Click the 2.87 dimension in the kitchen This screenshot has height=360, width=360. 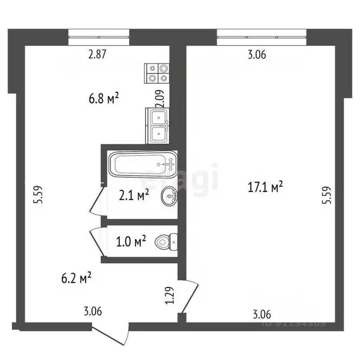98,54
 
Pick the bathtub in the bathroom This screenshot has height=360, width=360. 143,164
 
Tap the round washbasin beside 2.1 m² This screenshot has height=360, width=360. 170,196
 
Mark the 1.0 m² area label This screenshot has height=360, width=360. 131,242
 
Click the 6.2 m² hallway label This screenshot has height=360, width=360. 75,279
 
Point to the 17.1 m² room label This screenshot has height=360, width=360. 265,187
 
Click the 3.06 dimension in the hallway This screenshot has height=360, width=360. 93,311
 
